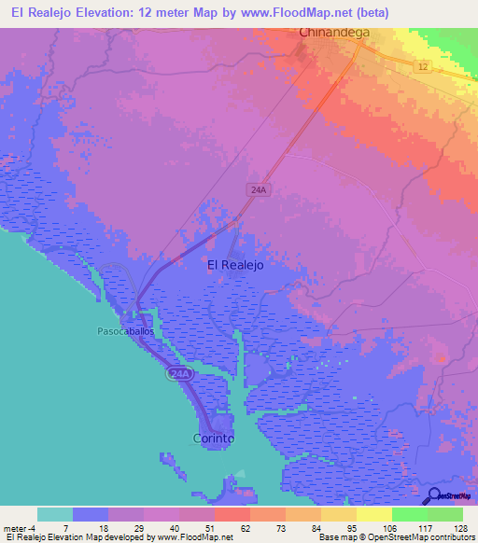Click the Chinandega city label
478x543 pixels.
334,33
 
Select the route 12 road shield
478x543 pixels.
422,66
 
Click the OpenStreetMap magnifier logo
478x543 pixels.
433,496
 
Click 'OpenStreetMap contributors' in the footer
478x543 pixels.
426,537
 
